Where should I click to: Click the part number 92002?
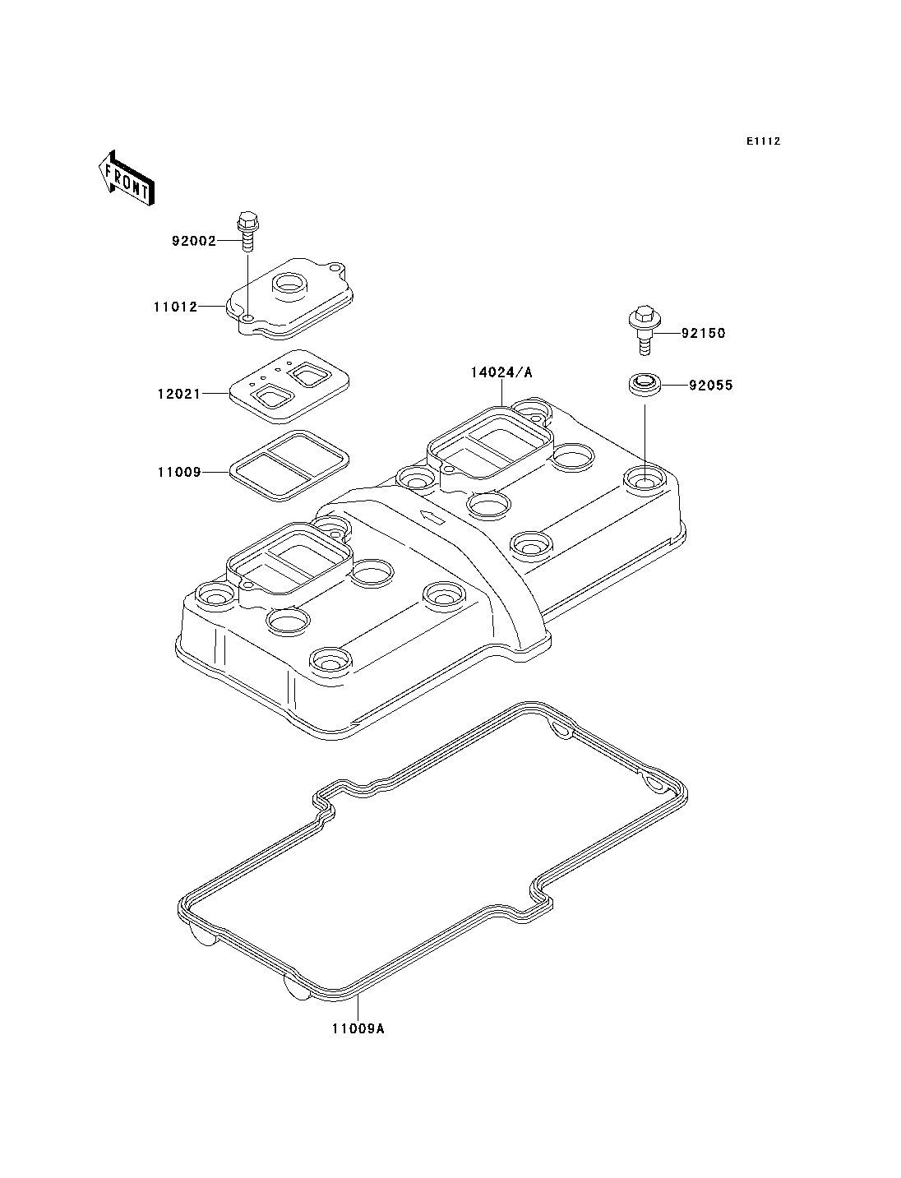[x=193, y=242]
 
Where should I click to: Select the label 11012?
[x=174, y=307]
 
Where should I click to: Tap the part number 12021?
[x=178, y=394]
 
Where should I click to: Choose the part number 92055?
[x=710, y=385]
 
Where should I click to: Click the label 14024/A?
[x=501, y=372]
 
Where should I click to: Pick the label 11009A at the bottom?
[x=358, y=1028]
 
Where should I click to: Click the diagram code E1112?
[x=763, y=141]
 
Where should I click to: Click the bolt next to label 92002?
[x=246, y=232]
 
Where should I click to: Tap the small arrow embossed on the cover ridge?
[x=430, y=516]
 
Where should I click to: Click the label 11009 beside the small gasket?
[x=178, y=473]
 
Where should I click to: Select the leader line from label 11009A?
[x=358, y=1007]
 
